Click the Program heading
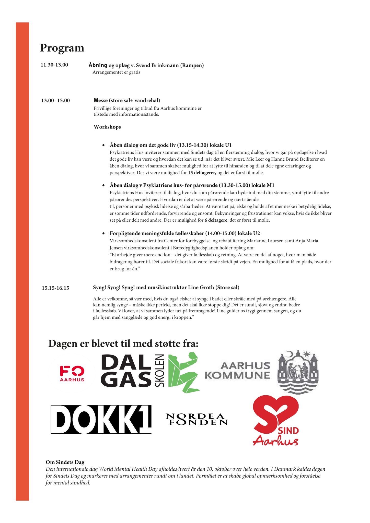point(62,48)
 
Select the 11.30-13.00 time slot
point(54,65)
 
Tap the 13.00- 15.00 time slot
point(55,101)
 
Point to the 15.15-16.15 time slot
point(55,288)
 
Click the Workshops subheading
point(107,127)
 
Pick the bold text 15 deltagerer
point(202,173)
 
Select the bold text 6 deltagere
point(216,220)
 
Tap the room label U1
point(228,145)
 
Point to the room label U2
point(256,233)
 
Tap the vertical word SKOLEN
point(160,371)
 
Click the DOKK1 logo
point(101,420)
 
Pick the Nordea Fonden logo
point(196,419)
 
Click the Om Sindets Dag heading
point(65,462)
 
